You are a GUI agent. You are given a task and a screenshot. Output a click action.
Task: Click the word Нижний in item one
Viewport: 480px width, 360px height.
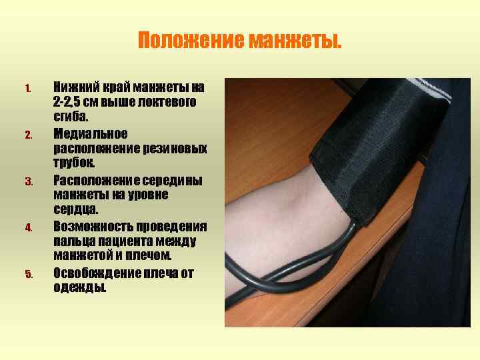[75, 87]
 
